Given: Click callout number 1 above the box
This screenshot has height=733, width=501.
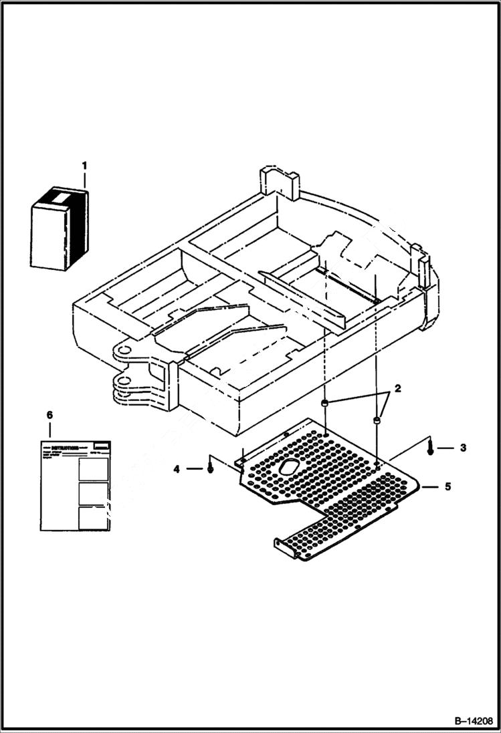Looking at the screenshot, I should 85,164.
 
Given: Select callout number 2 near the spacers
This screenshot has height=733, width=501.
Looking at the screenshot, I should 397,388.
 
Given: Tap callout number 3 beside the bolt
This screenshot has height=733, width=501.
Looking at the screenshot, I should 463,448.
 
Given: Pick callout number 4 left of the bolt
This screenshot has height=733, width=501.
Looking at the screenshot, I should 177,470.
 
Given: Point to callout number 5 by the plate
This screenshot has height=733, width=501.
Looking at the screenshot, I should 447,486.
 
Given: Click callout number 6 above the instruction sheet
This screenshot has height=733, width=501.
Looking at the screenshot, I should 49,415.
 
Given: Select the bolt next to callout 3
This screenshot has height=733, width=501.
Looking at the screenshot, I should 430,448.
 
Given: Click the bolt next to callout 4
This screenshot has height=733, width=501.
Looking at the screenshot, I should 211,468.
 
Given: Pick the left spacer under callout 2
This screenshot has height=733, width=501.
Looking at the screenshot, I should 324,404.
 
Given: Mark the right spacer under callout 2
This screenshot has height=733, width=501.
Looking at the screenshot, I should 377,421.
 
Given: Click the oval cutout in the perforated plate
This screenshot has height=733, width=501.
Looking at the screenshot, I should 291,467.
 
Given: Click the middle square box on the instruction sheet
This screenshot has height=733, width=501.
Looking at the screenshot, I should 93,493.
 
